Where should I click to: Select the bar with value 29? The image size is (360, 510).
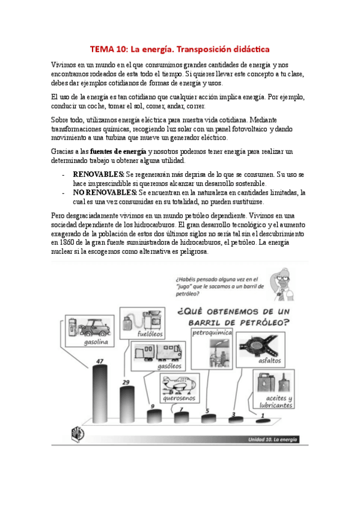(x=127, y=402)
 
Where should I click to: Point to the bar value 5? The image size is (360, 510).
(x=207, y=411)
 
